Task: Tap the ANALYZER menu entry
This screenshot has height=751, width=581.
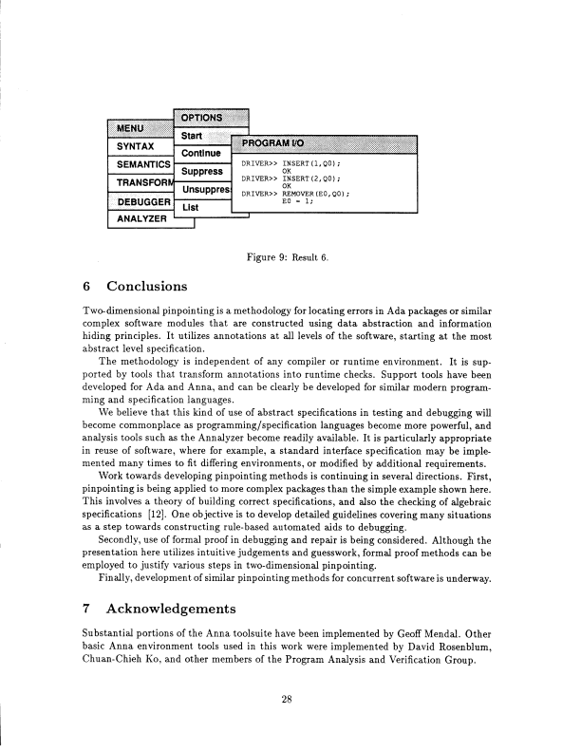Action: pyautogui.click(x=141, y=219)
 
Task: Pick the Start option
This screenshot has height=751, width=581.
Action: pyautogui.click(x=193, y=136)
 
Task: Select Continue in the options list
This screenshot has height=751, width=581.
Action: pyautogui.click(x=200, y=153)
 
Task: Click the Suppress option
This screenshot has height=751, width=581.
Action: pyautogui.click(x=202, y=171)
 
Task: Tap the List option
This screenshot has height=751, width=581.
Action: pyautogui.click(x=191, y=206)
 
